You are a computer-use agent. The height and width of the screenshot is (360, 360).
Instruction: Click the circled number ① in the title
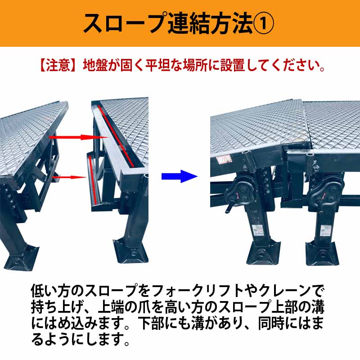[x=264, y=23]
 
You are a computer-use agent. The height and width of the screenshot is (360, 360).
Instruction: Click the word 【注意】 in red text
[x=58, y=65]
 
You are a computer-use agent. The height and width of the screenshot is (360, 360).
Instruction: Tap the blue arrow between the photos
[x=180, y=176]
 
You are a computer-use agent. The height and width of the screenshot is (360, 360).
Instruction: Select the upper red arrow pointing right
[x=78, y=137]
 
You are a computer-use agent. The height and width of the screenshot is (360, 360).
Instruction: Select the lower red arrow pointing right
[x=70, y=177]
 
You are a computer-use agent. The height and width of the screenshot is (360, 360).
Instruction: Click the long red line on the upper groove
[x=116, y=135]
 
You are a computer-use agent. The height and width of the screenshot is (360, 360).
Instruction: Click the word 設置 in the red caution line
[x=232, y=65]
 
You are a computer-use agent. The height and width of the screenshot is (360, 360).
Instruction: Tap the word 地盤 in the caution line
[x=95, y=65]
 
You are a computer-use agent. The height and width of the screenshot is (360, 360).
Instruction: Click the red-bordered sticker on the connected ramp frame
[x=223, y=159]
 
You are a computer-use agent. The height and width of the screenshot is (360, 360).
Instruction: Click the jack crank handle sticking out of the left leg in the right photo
[x=229, y=208]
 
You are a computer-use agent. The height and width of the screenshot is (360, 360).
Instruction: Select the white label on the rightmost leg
[x=326, y=230]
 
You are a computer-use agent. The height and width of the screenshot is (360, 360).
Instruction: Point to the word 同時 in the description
[x=271, y=323]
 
